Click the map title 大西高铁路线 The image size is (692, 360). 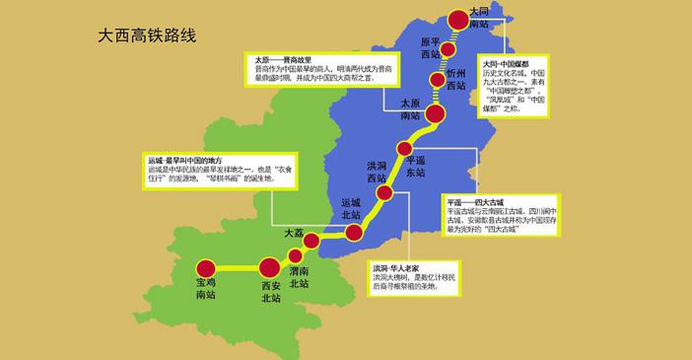pyautogui.click(x=147, y=36)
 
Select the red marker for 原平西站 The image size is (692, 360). pyautogui.click(x=449, y=49)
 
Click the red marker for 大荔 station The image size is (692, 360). pyautogui.click(x=311, y=241)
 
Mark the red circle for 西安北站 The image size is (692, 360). pyautogui.click(x=269, y=267)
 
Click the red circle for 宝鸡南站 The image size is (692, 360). pyautogui.click(x=205, y=267)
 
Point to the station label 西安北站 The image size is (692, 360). pyautogui.click(x=270, y=292)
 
